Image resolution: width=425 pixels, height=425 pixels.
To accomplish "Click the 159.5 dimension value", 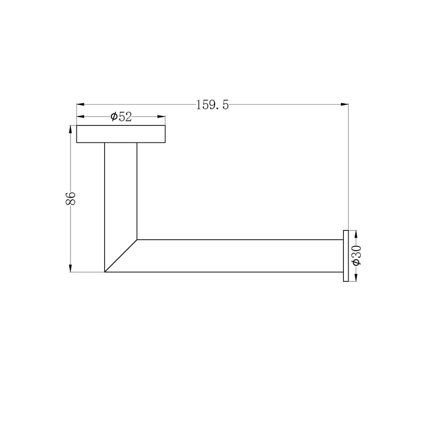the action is coord(212,105).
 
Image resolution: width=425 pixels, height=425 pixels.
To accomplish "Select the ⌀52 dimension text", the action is coord(121,117).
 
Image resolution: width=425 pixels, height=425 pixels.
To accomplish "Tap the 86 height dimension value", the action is coord(71,198).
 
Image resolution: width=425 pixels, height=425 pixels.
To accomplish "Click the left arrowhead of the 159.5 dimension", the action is coord(80,104).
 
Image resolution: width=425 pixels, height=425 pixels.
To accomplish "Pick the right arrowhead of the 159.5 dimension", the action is coord(345,104).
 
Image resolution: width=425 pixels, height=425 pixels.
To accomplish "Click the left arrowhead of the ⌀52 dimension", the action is coord(80,117).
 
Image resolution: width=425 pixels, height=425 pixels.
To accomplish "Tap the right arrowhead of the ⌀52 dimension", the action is coord(161,117).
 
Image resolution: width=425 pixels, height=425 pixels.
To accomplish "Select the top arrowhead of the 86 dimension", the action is coord(71,129).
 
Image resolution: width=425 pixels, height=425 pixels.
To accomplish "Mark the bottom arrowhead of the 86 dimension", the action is coord(71,268).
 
